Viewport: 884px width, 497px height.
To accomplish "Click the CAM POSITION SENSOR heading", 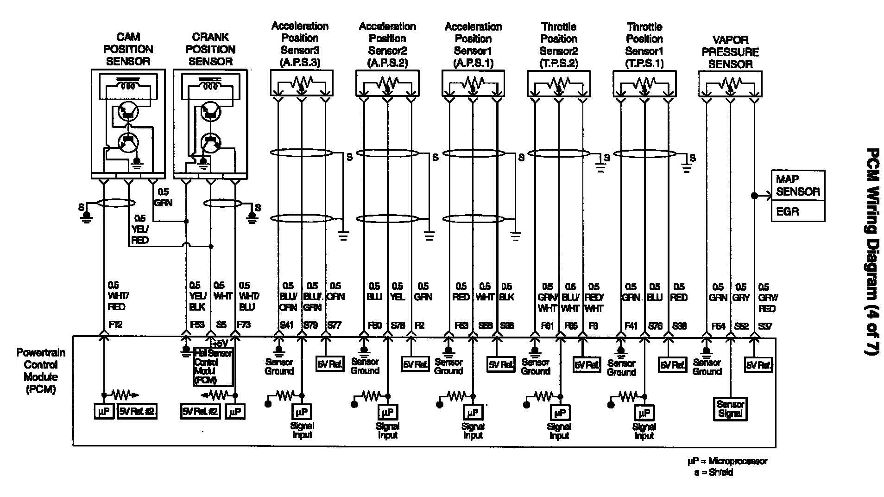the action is (x=128, y=49).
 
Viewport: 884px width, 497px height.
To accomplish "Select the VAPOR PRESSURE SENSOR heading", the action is (x=730, y=52).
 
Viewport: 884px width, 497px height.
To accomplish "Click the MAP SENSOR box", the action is (x=798, y=185).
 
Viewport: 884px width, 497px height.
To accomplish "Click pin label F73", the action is (x=244, y=325).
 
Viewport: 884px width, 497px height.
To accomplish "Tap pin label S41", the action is (x=286, y=325).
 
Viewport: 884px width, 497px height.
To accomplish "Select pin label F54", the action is (x=718, y=326).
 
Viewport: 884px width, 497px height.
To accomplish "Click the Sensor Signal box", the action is (x=730, y=409).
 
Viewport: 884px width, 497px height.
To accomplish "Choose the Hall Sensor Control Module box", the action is (x=213, y=367).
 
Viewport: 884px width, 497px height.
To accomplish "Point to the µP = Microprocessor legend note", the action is (x=727, y=461).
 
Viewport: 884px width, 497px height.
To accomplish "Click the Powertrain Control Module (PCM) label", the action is (x=41, y=371).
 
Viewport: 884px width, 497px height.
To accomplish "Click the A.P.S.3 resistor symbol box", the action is (x=302, y=83).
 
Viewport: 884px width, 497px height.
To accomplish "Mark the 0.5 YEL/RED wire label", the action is (x=139, y=229).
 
